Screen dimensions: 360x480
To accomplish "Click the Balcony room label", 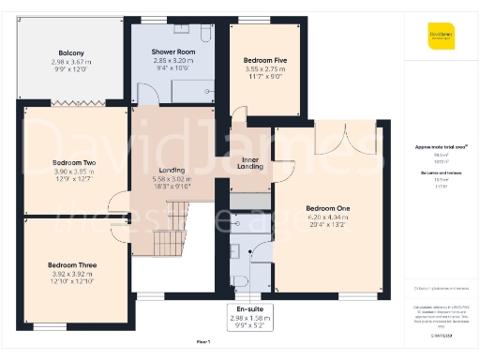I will [72, 52].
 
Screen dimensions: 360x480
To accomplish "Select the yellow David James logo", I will [442, 37].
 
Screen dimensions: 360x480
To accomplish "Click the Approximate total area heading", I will [433, 147].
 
